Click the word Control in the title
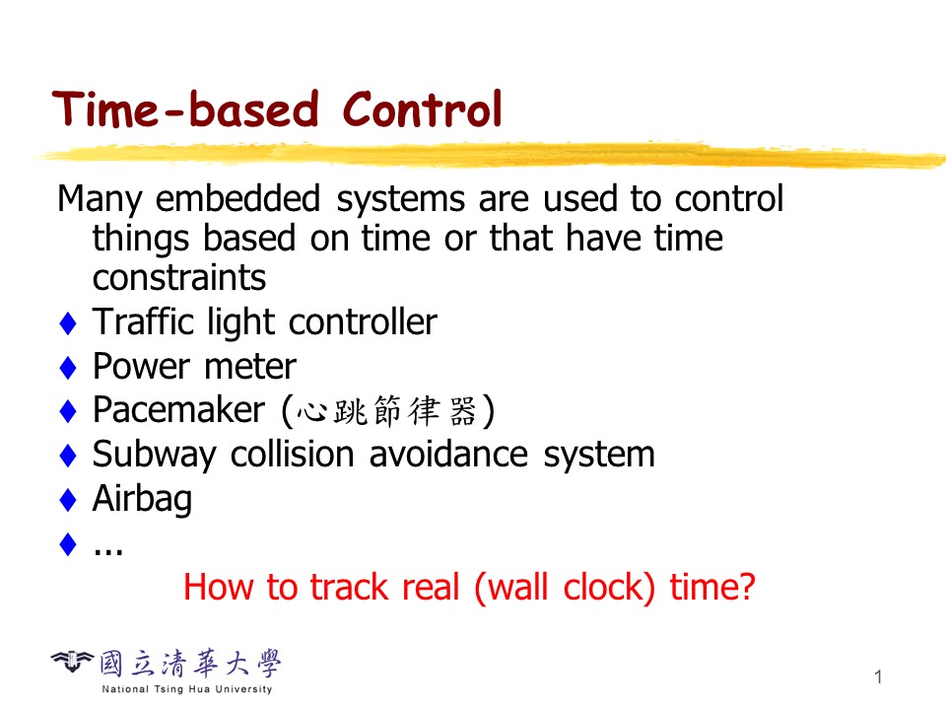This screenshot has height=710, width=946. [423, 109]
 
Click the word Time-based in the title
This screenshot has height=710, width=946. [185, 109]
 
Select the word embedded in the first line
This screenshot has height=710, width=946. [237, 198]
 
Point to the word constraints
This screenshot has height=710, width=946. [179, 278]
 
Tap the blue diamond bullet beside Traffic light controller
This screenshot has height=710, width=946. [68, 323]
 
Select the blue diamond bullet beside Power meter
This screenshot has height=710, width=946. [68, 367]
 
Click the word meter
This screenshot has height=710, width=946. [250, 367]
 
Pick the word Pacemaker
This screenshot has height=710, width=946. [178, 410]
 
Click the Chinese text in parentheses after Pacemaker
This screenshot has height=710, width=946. [386, 411]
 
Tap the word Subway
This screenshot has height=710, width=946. [154, 456]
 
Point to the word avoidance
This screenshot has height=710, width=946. [448, 454]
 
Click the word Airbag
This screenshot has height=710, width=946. [142, 499]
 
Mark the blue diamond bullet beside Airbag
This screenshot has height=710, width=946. [68, 499]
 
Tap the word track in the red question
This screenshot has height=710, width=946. [349, 587]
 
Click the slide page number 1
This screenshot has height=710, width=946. [878, 676]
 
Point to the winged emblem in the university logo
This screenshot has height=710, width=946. [72, 662]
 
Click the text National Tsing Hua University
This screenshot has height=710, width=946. [187, 689]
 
